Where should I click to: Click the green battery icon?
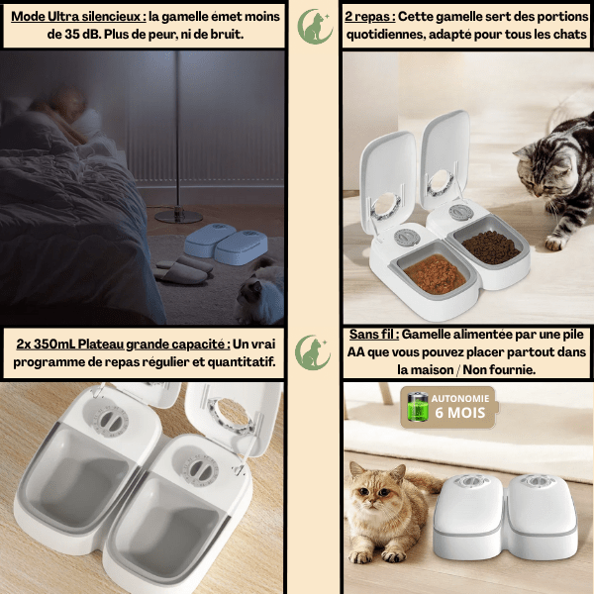[x=417, y=407]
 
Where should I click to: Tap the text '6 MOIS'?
[x=460, y=413]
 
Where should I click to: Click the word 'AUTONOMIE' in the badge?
[x=460, y=399]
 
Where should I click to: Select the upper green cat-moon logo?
[x=315, y=26]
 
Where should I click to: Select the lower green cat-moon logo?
[x=312, y=352]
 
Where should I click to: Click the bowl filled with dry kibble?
[x=490, y=247]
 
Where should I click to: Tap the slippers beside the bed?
[x=183, y=270]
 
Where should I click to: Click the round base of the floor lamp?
[x=178, y=216]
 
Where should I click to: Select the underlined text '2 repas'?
[x=369, y=17]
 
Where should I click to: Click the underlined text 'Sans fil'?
[x=373, y=335]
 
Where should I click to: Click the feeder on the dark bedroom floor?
[x=226, y=244]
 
